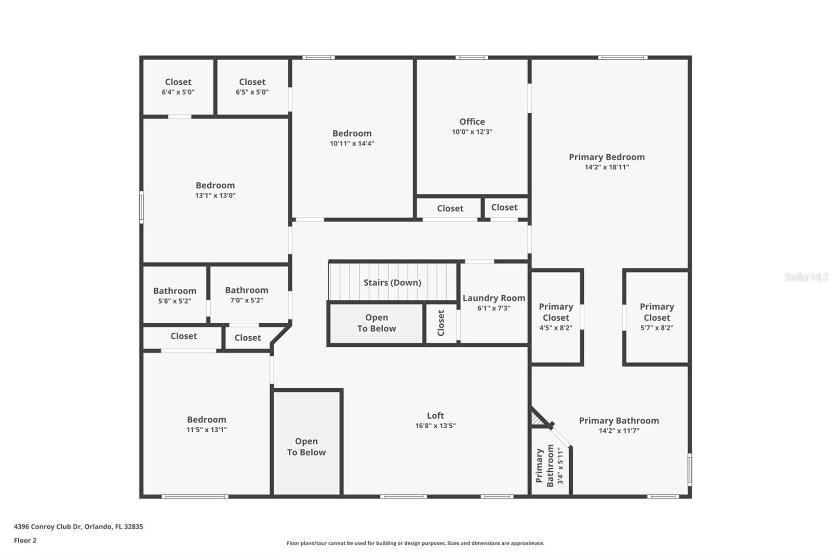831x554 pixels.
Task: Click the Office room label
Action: point(472,122)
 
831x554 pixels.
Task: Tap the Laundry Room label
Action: point(493,298)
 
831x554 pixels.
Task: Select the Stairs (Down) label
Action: point(392,282)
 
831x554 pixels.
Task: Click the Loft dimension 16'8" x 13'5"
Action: point(435,426)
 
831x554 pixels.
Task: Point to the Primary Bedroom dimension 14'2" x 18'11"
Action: point(607,167)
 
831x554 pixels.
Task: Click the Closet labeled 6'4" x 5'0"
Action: point(178,86)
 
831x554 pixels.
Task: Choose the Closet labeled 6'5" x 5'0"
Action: point(252,86)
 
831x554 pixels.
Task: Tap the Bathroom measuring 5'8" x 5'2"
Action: point(175,295)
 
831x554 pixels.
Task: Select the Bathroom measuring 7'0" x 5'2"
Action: point(247,295)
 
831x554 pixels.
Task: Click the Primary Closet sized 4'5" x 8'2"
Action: point(556,316)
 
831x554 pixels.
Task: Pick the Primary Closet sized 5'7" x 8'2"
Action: point(656,316)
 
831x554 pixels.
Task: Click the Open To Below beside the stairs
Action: point(377,323)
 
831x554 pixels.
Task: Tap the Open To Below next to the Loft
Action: point(306,446)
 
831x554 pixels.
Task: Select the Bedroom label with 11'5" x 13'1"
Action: point(207,419)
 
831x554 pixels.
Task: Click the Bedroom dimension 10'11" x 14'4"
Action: point(352,143)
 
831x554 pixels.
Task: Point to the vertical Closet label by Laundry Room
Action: point(441,323)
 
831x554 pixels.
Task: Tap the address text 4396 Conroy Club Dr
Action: point(78,526)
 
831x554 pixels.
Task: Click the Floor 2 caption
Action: point(25,540)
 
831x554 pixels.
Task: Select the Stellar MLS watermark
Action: point(806,277)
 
